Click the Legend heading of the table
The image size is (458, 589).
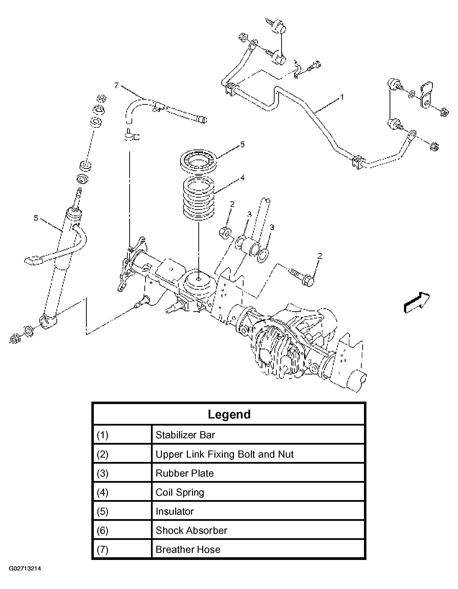click(x=229, y=415)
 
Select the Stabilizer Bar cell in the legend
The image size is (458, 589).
click(x=185, y=435)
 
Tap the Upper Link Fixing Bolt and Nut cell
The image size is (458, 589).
click(x=224, y=454)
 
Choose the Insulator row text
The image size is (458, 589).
click(x=174, y=511)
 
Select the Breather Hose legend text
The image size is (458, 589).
click(x=188, y=550)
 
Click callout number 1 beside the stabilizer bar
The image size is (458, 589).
click(x=342, y=97)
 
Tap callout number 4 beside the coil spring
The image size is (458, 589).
click(x=242, y=178)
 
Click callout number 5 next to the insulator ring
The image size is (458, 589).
click(x=242, y=145)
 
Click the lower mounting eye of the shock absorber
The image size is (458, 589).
click(x=48, y=322)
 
